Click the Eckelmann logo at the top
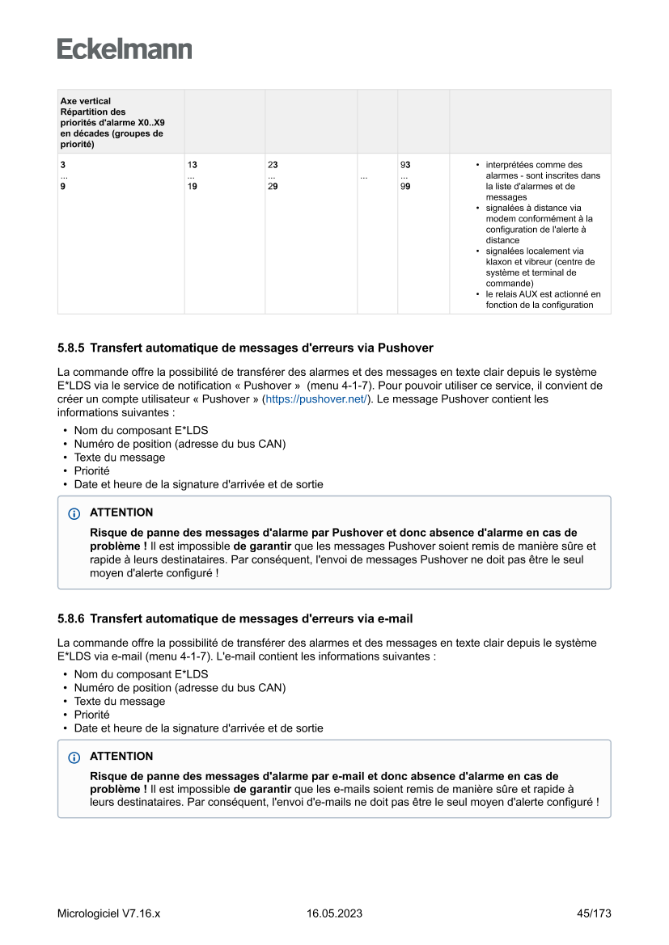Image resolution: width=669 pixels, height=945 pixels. tap(125, 49)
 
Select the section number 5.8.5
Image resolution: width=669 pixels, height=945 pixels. tap(71, 348)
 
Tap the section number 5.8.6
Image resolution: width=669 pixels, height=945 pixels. tap(71, 619)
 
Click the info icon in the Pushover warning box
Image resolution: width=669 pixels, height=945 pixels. tap(74, 513)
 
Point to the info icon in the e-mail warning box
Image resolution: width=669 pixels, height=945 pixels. tap(74, 757)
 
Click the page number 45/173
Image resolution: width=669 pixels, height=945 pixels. tap(594, 913)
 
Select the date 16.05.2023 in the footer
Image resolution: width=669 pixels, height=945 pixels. tap(334, 913)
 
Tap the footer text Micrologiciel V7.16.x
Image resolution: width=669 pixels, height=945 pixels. tap(108, 913)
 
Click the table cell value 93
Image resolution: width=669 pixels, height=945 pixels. tap(405, 165)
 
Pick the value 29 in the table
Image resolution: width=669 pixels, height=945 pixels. tap(273, 187)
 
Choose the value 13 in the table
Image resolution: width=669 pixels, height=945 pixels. tap(192, 165)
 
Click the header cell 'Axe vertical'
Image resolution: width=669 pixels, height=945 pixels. tap(86, 102)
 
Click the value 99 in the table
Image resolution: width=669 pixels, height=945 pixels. tap(405, 187)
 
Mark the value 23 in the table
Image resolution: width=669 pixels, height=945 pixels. tap(273, 165)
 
